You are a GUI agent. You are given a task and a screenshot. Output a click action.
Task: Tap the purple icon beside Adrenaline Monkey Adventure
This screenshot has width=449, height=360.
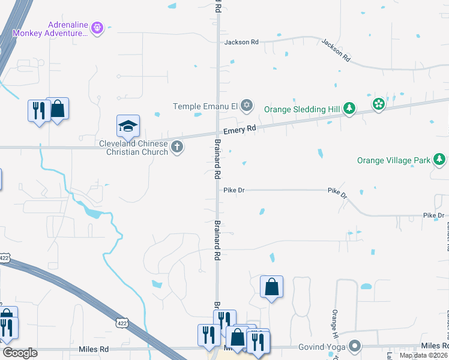point(98,28)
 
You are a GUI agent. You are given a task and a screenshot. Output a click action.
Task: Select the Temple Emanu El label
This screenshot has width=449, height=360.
point(205,106)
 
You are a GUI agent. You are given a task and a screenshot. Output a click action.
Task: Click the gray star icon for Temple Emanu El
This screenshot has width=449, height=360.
point(246,106)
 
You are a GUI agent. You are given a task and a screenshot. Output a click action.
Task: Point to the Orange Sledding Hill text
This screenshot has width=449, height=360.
point(301,109)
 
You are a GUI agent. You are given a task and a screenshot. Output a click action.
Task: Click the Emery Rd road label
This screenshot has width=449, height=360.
point(240,129)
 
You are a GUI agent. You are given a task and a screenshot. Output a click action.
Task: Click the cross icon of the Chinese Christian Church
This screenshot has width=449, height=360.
point(177,147)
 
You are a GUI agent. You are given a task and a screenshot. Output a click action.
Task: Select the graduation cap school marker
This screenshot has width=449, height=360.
point(128,126)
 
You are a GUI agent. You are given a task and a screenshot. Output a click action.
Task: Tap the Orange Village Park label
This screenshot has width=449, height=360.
point(394,160)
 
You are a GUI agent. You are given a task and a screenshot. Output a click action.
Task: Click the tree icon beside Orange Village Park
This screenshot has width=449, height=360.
point(440,160)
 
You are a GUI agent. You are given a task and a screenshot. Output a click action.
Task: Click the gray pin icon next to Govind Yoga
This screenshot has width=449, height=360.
point(355,346)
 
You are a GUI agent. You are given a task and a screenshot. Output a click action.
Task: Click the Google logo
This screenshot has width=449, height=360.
point(20,353)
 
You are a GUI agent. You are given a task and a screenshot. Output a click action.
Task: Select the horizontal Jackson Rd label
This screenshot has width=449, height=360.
point(241,43)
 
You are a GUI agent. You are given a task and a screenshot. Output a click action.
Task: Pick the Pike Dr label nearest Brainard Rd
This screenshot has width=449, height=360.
point(234,190)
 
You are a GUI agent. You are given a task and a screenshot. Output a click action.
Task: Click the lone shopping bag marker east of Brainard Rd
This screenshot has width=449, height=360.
point(271,287)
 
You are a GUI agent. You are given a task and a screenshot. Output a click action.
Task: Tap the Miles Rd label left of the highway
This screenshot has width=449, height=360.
point(93,349)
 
